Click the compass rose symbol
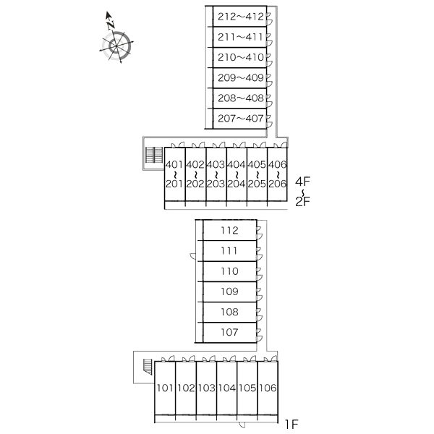pyautogui.click(x=117, y=46)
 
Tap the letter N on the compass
pyautogui.click(x=110, y=22)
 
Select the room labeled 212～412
pyautogui.click(x=239, y=16)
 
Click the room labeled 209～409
pyautogui.click(x=239, y=77)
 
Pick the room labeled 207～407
pyautogui.click(x=239, y=117)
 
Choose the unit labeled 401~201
pyautogui.click(x=174, y=174)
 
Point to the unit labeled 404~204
pyautogui.click(x=236, y=174)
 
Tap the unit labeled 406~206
pyautogui.click(x=278, y=174)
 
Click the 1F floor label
pyautogui.click(x=291, y=424)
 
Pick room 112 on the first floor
pyautogui.click(x=229, y=231)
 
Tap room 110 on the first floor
pyautogui.click(x=229, y=271)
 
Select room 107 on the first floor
pyautogui.click(x=229, y=332)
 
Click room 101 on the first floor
pyautogui.click(x=164, y=388)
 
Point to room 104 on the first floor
pyautogui.click(x=226, y=388)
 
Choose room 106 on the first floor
pyautogui.click(x=268, y=388)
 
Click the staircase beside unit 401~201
pyautogui.click(x=153, y=155)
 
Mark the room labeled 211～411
pyautogui.click(x=239, y=36)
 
